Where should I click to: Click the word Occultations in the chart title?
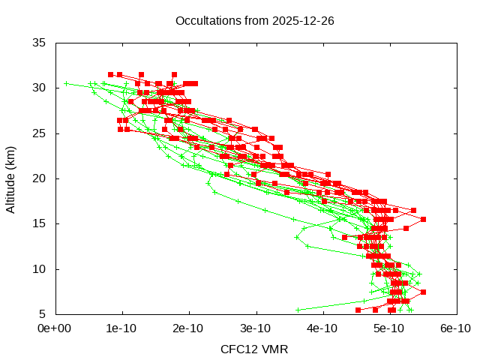(205, 20)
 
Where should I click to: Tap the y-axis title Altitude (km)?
(10, 178)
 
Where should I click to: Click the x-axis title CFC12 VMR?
(254, 349)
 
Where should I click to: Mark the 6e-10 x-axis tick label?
(456, 328)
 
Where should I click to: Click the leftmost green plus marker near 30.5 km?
(67, 83)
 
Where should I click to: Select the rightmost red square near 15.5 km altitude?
(423, 219)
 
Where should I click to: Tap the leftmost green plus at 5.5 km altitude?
(298, 309)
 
